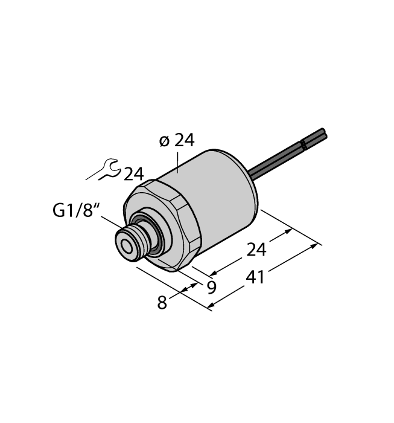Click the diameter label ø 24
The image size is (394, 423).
click(176, 141)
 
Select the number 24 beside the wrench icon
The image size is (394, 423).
click(133, 175)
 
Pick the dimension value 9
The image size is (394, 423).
click(211, 288)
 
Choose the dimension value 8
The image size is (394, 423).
click(162, 302)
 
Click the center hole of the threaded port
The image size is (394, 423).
click(127, 246)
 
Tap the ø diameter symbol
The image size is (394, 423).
click(164, 141)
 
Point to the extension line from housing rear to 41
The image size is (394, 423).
click(290, 227)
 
